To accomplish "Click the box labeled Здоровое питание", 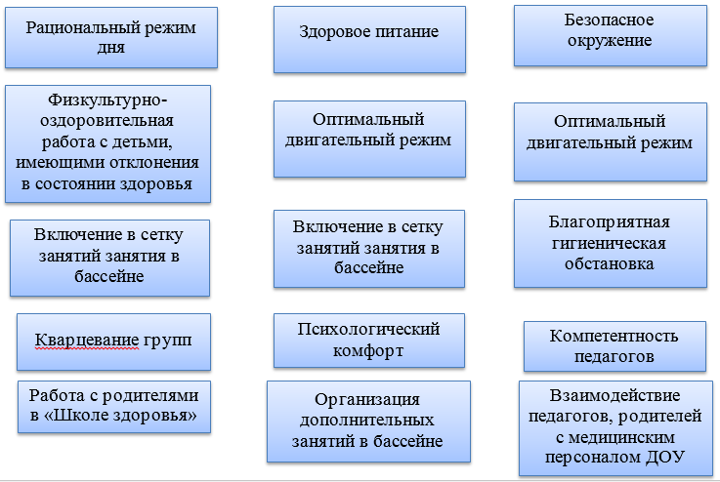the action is [x=369, y=39].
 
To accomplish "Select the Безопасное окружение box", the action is [x=611, y=36].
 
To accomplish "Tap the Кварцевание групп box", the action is [x=114, y=342].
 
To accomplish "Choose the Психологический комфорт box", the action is [x=369, y=341].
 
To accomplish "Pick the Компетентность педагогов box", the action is [x=614, y=346].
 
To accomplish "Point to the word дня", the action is [x=110, y=48].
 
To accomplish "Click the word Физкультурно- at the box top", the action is [x=107, y=100].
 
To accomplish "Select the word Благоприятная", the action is [x=610, y=222].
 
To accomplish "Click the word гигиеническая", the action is [x=609, y=244].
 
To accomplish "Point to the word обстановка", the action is [x=610, y=264].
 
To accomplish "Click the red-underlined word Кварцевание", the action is [x=87, y=341].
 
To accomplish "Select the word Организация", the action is [x=367, y=400].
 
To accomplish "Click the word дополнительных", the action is [x=367, y=421].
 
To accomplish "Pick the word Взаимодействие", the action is [x=614, y=395].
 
